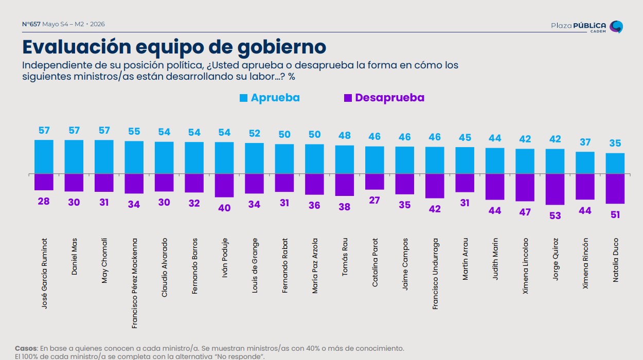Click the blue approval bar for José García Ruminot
point(44,157)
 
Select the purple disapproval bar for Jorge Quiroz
point(555,189)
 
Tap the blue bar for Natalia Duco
point(615,164)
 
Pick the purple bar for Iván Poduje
point(224,186)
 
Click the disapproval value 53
point(555,215)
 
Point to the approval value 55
point(134,132)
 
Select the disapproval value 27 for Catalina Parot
point(374,201)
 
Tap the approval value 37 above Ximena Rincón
point(585,142)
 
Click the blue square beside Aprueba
point(243,98)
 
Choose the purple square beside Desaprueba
point(348,98)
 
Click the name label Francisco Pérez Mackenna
point(134,283)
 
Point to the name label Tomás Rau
point(345,257)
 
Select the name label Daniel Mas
point(74,256)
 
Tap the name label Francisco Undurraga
point(435,274)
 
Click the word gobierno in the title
point(282,47)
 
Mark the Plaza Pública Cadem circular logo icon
point(616,27)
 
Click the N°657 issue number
point(31,24)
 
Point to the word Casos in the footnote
point(26,348)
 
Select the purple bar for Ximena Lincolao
point(525,188)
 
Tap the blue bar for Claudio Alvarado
point(164,157)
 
